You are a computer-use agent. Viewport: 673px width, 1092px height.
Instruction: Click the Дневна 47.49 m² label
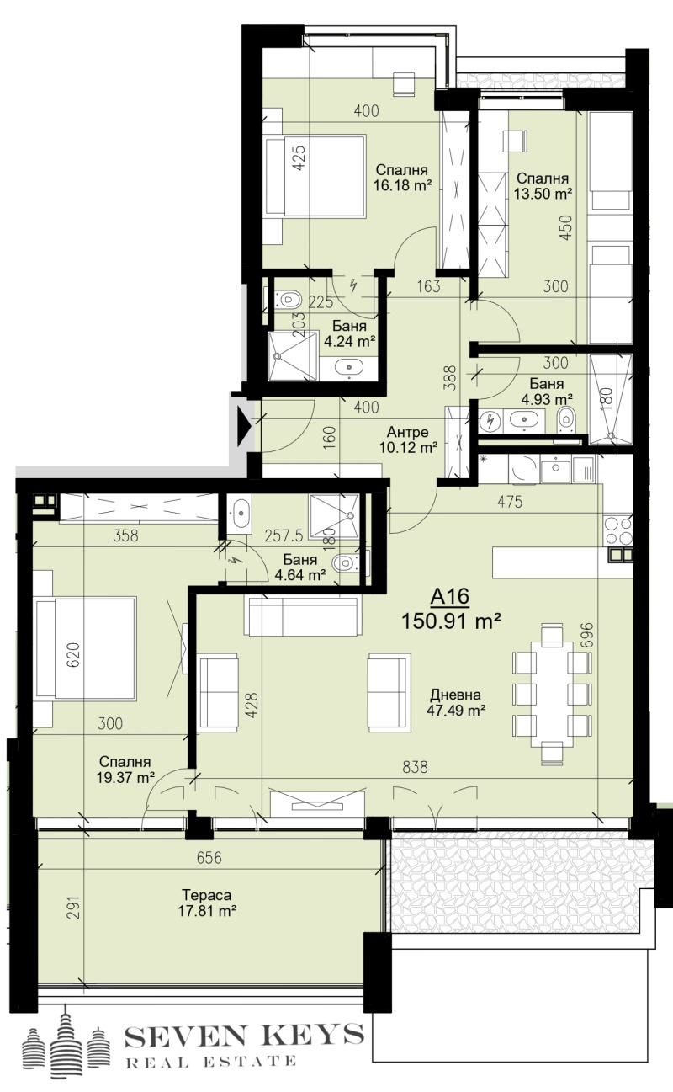pyautogui.click(x=454, y=703)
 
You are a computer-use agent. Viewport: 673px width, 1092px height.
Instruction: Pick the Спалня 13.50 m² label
pyautogui.click(x=543, y=186)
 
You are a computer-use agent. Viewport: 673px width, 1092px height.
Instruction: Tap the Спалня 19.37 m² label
pyautogui.click(x=123, y=767)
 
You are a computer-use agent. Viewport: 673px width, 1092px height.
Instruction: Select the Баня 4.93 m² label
pyautogui.click(x=547, y=392)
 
